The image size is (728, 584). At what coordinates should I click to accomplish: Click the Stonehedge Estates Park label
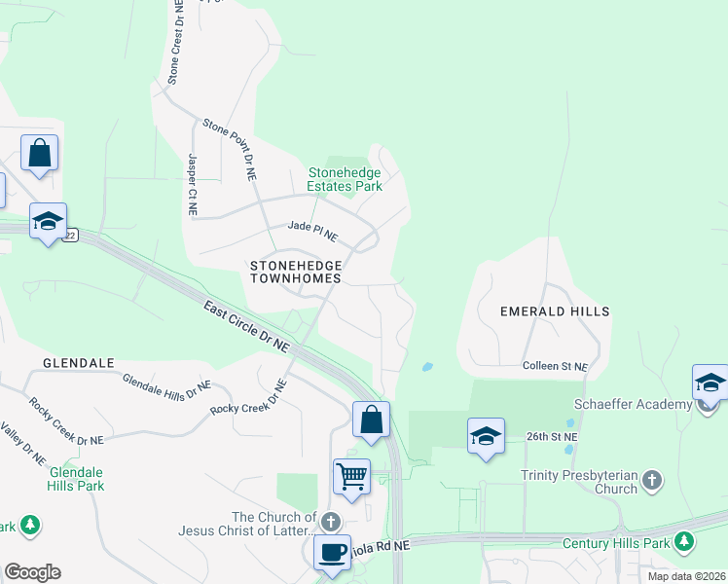point(345,179)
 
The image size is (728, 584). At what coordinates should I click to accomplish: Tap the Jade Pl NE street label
point(312,231)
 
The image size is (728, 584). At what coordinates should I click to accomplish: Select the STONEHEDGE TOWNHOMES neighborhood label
point(295,271)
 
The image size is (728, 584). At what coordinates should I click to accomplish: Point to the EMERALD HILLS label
point(555,311)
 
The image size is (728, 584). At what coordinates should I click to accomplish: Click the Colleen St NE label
point(555,366)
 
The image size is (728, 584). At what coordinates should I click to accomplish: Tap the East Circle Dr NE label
point(247,326)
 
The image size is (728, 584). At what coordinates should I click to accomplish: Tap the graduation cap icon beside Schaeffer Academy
point(710,383)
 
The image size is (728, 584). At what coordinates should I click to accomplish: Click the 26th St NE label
point(552,437)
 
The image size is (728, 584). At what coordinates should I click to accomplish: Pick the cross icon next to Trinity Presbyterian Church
point(652,480)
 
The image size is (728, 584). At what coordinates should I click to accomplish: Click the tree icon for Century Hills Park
point(685,540)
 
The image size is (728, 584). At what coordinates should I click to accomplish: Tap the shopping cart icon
point(351,477)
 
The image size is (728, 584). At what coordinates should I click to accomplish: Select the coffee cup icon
point(332,552)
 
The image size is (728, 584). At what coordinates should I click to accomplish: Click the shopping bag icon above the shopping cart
point(371,420)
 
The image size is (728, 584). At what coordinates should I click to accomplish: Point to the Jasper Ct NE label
point(192,184)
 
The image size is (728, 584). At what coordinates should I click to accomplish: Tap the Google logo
point(32,572)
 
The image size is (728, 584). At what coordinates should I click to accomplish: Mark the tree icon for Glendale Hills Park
point(30,526)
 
